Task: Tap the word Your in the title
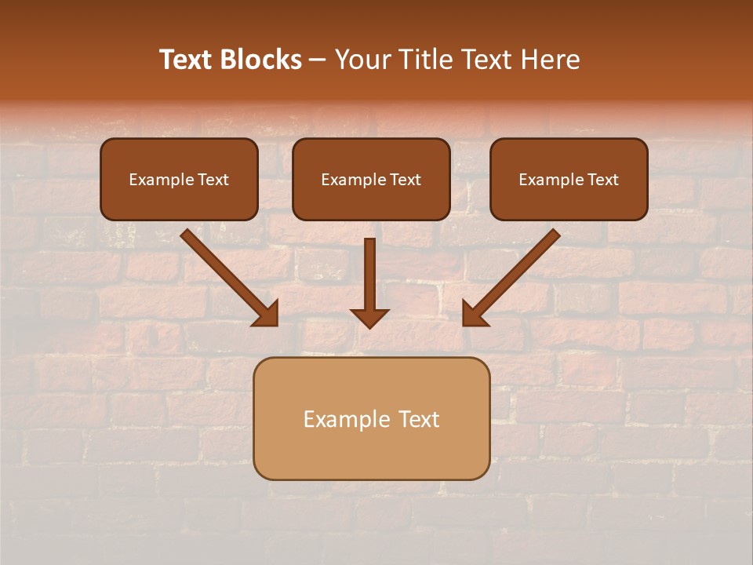[365, 60]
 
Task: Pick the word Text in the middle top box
[406, 180]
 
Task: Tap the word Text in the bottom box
[420, 419]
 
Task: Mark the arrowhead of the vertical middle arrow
[369, 317]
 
